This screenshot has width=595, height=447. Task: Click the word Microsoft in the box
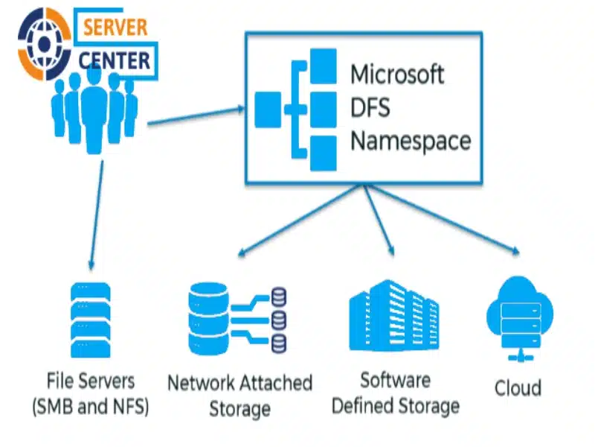tap(397, 74)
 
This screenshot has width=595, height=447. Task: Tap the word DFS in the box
tap(370, 107)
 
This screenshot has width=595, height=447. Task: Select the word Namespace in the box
tap(411, 140)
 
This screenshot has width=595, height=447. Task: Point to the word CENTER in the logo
tap(115, 59)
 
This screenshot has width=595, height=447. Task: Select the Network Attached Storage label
tap(239, 396)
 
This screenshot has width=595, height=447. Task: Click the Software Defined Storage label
tap(395, 393)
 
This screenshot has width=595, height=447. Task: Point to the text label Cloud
tap(518, 387)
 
